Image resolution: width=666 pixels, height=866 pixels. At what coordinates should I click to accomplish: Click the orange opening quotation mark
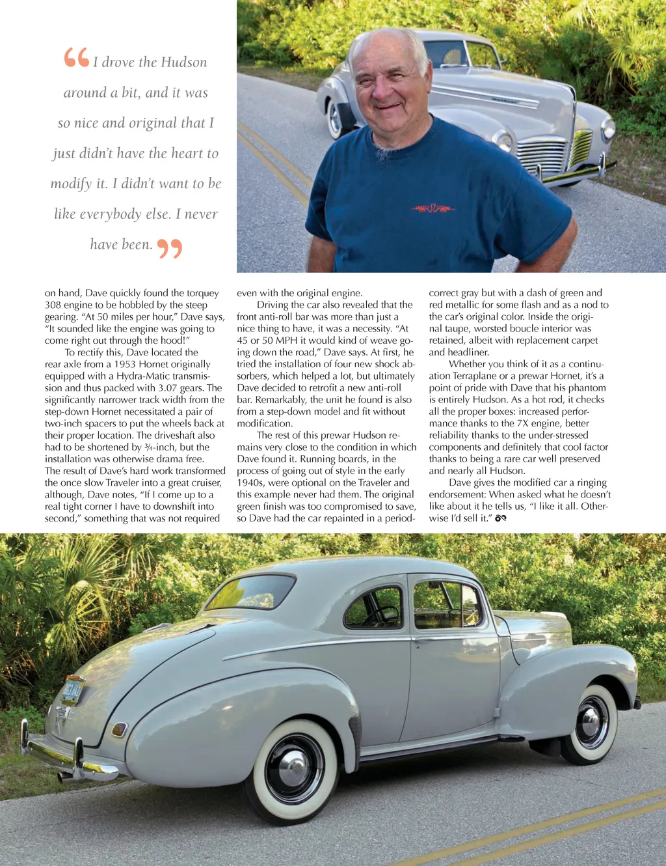click(x=76, y=57)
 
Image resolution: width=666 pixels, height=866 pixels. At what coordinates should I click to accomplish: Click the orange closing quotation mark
click(x=170, y=248)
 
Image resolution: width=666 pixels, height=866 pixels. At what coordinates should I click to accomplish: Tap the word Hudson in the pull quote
click(x=184, y=63)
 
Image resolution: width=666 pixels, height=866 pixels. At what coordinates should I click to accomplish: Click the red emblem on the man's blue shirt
click(x=433, y=208)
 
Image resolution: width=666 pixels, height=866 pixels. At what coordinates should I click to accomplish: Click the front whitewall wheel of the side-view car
click(x=591, y=723)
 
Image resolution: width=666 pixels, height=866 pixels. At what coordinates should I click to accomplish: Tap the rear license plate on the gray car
click(x=72, y=690)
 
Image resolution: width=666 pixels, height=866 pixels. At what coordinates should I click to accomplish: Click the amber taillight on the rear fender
click(x=120, y=729)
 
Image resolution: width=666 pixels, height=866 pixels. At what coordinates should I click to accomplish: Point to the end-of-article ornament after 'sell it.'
click(x=500, y=518)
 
